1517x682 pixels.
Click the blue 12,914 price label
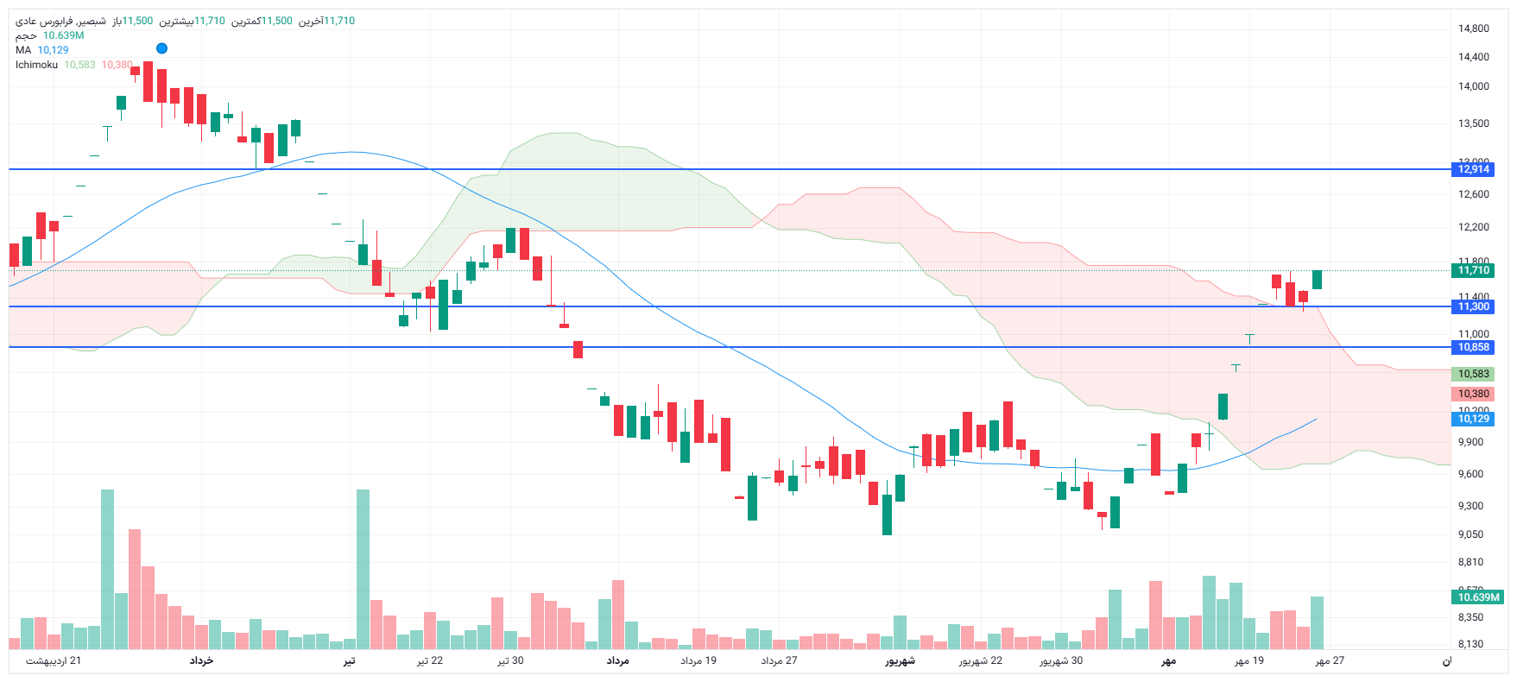(1473, 169)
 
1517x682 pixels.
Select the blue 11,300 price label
(1473, 306)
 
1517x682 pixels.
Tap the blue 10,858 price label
(1473, 347)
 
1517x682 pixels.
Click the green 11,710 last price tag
(1473, 270)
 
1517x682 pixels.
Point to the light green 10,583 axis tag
(1473, 374)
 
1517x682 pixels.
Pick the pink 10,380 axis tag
(1473, 394)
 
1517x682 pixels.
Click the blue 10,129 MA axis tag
(1473, 419)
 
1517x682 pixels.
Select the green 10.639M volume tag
(1477, 597)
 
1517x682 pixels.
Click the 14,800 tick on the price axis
(1473, 28)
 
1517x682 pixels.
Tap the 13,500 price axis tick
(1473, 123)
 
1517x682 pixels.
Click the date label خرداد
(201, 660)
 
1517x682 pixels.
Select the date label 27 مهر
(1330, 660)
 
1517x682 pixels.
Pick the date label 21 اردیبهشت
(54, 660)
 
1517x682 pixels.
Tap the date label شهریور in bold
(899, 660)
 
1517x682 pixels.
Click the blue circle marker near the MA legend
(161, 48)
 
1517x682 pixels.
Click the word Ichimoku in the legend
(36, 65)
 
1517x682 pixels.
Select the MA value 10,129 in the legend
(53, 50)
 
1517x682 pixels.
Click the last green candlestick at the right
(1317, 280)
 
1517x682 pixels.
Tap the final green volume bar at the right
(1317, 622)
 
